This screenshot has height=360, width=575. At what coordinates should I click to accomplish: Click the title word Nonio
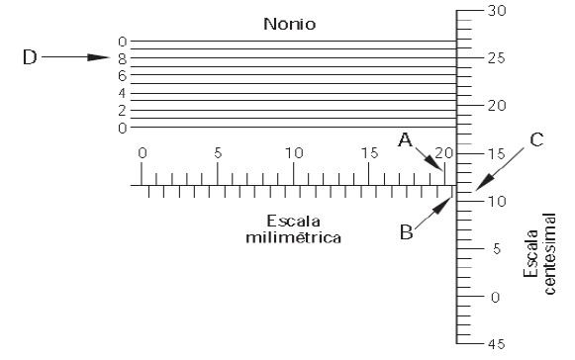coord(289,22)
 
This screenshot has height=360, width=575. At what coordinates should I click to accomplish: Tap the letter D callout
coord(31,57)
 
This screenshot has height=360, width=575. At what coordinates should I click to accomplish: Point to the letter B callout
coord(406,232)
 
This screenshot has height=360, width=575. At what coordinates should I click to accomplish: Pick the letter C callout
coord(535,139)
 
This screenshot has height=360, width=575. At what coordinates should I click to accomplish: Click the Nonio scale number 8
coord(123,58)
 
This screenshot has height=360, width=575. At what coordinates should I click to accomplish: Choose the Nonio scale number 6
coord(123,75)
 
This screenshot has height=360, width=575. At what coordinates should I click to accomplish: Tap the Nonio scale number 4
coord(123,93)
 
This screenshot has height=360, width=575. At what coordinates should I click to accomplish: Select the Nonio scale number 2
coord(123,110)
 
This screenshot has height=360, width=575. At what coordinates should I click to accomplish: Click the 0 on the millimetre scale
coord(142,153)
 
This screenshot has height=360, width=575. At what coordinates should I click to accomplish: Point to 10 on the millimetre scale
coord(293,153)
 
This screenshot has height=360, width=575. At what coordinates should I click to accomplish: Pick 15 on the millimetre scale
coord(368,153)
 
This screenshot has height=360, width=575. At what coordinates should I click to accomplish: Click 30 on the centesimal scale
coord(498,10)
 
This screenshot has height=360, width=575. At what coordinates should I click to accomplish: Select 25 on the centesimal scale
coord(498,57)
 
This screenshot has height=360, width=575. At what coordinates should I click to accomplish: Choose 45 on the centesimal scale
coord(498,344)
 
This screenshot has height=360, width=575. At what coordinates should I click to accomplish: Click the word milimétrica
coord(293,237)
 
